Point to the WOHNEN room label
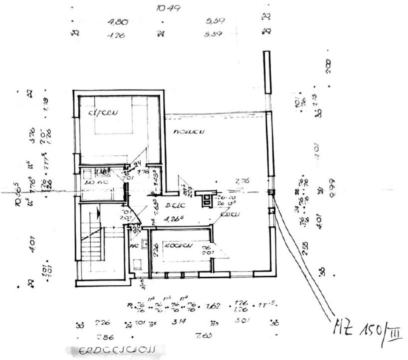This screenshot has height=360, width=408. tap(189, 132)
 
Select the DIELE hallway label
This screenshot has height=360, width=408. tap(174, 206)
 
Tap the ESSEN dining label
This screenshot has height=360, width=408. tap(230, 214)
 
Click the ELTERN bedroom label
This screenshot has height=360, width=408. tap(102, 113)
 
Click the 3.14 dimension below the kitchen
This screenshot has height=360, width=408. tap(178, 323)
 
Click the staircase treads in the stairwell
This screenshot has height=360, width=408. tap(93, 242)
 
